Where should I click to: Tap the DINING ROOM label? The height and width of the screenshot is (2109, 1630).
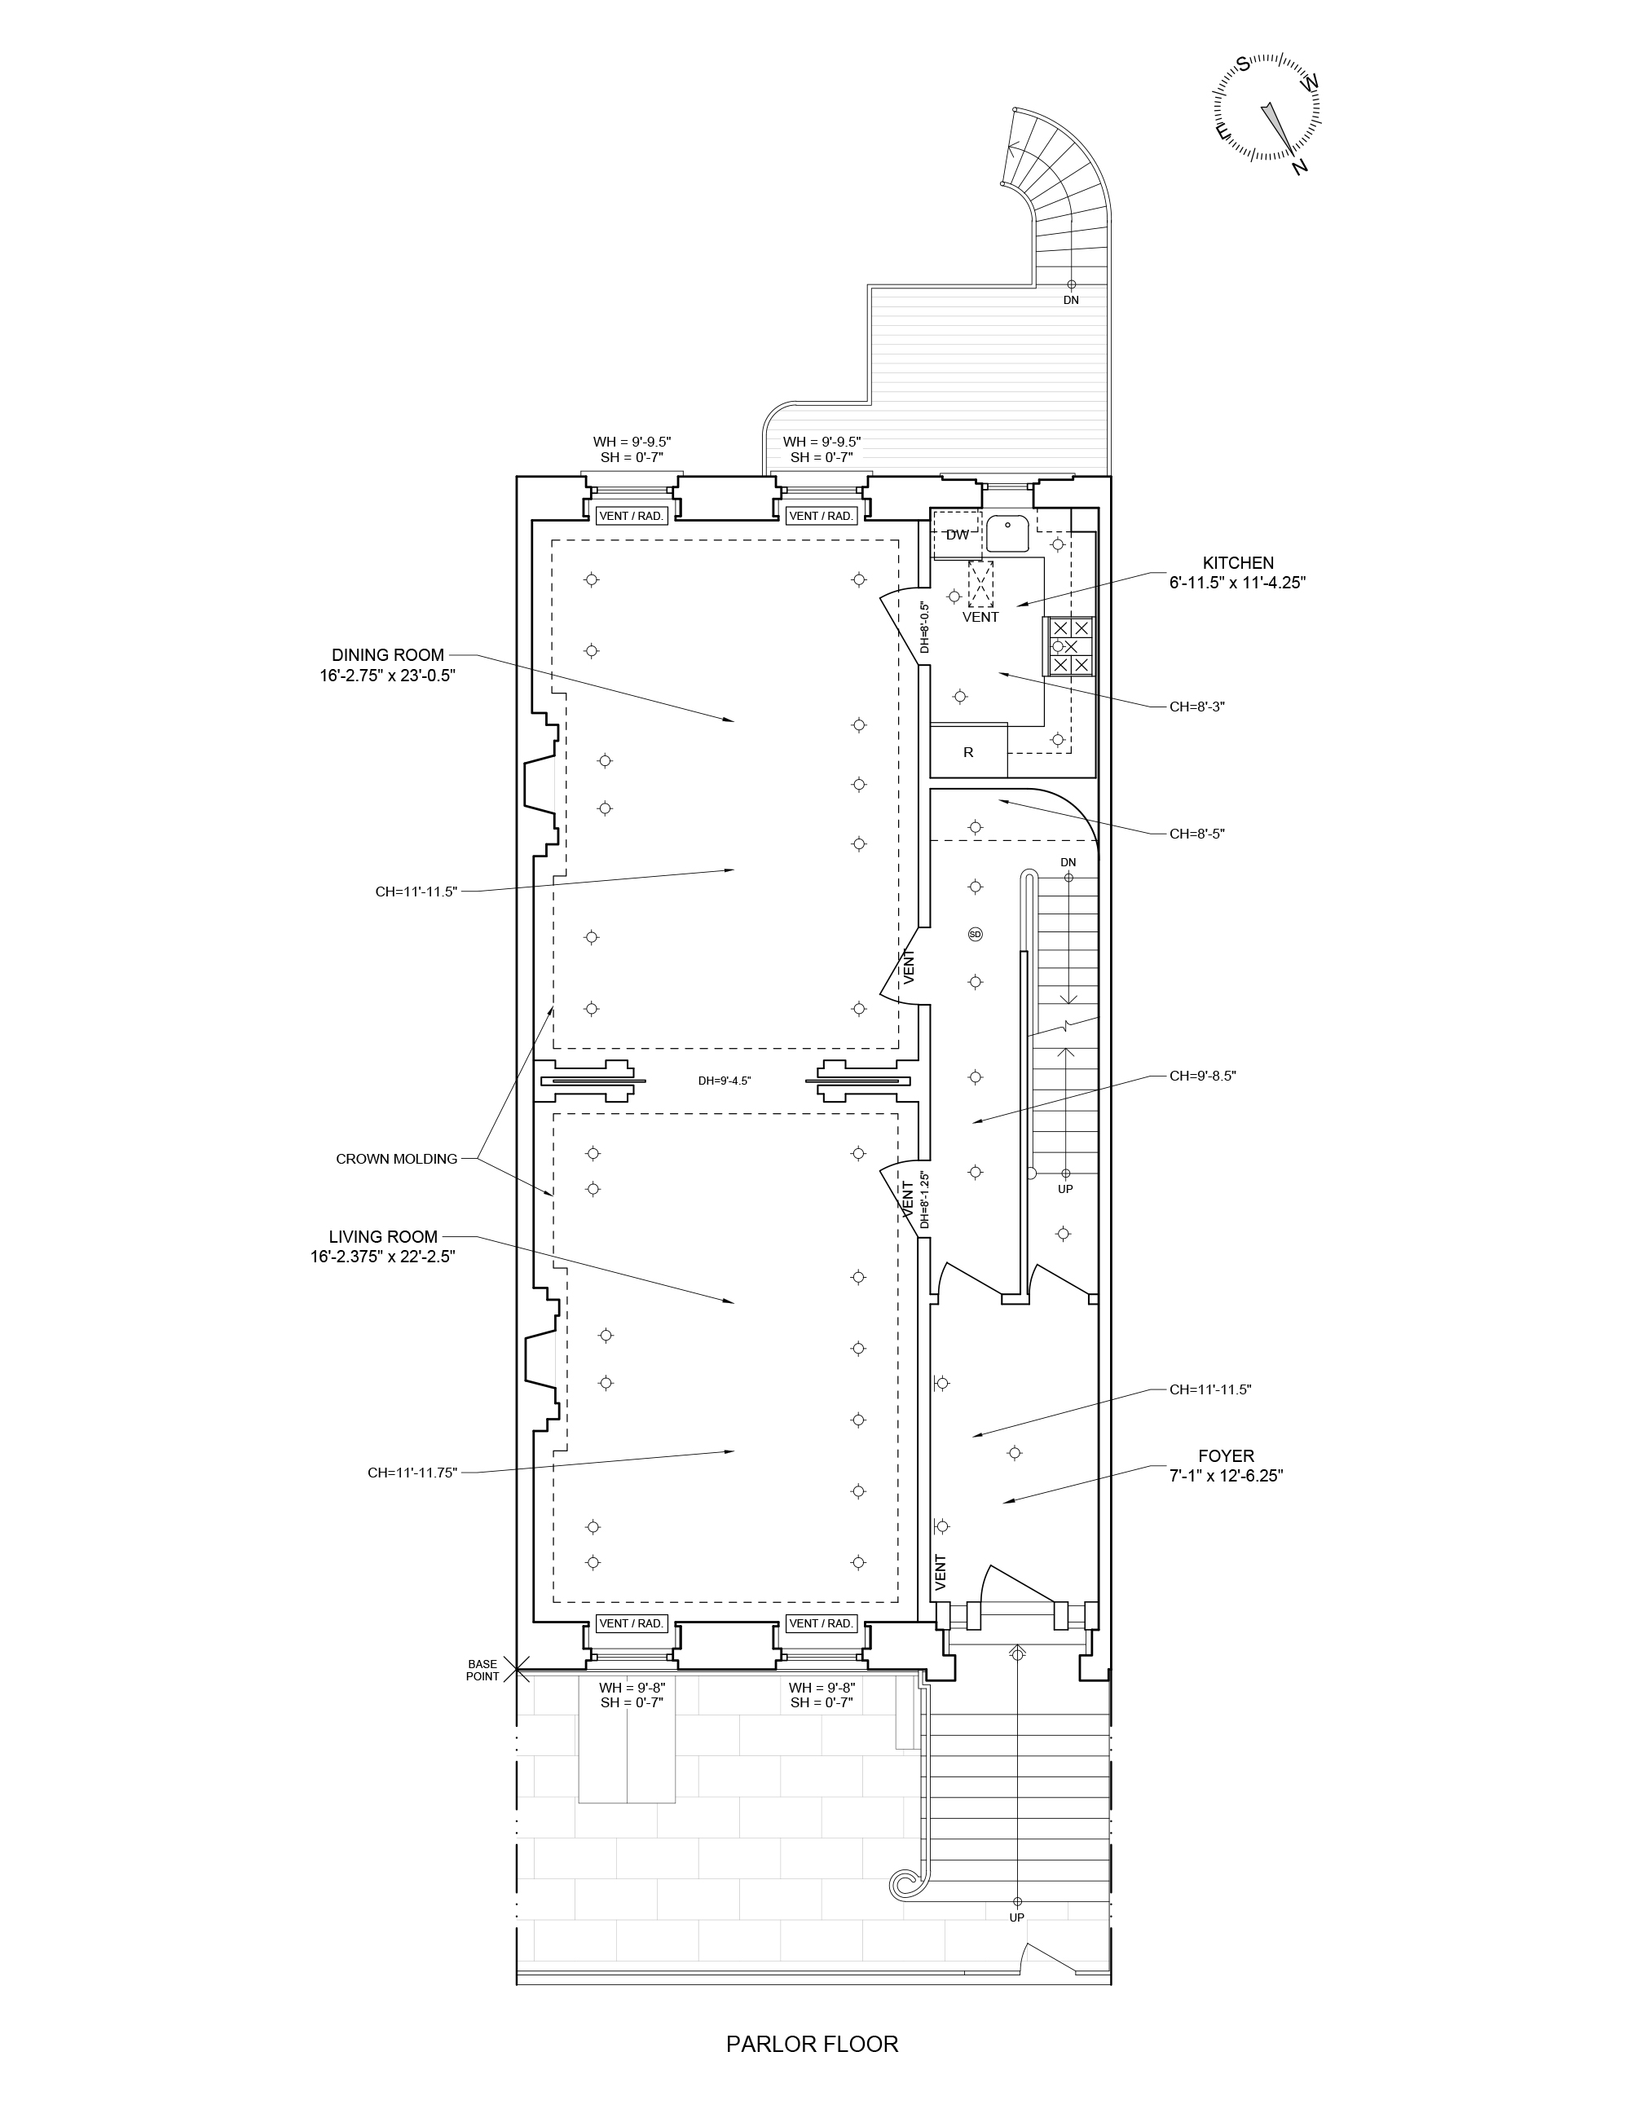pyautogui.click(x=388, y=654)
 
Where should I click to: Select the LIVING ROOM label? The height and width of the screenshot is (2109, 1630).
pyautogui.click(x=383, y=1236)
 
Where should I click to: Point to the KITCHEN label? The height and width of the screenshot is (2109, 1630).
pyautogui.click(x=1238, y=562)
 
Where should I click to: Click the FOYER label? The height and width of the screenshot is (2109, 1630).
pyautogui.click(x=1227, y=1455)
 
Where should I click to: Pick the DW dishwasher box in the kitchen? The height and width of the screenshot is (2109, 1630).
pyautogui.click(x=957, y=535)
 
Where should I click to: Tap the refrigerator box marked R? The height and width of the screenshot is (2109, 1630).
pyautogui.click(x=968, y=751)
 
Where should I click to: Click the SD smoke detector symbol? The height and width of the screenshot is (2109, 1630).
pyautogui.click(x=976, y=934)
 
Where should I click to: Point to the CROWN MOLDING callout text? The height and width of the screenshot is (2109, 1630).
pyautogui.click(x=397, y=1159)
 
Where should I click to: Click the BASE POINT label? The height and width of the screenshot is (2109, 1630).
pyautogui.click(x=482, y=1670)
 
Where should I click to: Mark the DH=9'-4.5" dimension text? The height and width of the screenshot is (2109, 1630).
pyautogui.click(x=725, y=1081)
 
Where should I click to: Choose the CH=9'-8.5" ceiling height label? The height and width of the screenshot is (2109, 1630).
pyautogui.click(x=1203, y=1075)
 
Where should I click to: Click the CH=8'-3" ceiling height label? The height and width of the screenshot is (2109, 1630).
pyautogui.click(x=1197, y=706)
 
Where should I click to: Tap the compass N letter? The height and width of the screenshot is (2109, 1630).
pyautogui.click(x=1300, y=167)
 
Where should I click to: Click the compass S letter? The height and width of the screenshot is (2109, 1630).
pyautogui.click(x=1244, y=64)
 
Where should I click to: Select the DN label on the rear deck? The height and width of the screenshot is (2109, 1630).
pyautogui.click(x=1071, y=301)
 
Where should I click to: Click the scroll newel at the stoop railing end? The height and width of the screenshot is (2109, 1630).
pyautogui.click(x=905, y=1882)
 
